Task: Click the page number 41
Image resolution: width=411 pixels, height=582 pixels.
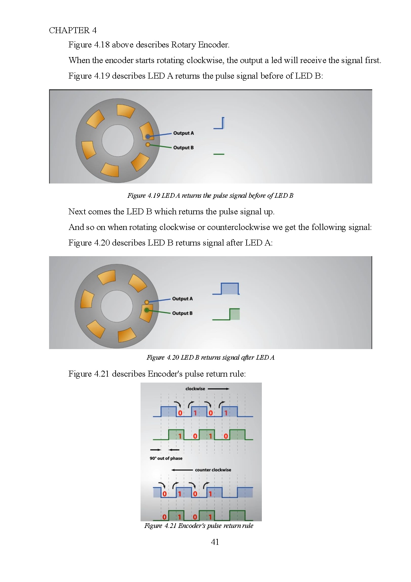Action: click(215, 542)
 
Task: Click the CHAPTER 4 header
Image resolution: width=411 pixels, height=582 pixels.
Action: click(73, 30)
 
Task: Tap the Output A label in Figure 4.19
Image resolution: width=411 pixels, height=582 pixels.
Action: click(183, 133)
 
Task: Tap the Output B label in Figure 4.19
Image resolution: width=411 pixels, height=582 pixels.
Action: click(183, 148)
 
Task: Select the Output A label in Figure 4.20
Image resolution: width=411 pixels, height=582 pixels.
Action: click(182, 299)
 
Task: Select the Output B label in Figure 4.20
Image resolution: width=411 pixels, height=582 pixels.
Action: click(182, 313)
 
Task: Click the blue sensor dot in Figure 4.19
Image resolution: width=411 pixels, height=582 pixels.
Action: click(148, 137)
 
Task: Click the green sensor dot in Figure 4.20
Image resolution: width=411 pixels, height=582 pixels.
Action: click(147, 310)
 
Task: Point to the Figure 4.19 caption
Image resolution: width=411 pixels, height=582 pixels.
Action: click(210, 195)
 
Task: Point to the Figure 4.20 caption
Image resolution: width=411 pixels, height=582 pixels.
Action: click(210, 357)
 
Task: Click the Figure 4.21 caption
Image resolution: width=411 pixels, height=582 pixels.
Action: click(199, 526)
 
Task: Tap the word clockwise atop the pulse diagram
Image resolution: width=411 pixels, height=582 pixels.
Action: click(195, 389)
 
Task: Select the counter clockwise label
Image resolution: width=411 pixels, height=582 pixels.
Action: click(213, 470)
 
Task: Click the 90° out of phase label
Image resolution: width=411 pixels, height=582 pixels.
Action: click(166, 458)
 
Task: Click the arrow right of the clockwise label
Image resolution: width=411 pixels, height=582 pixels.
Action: click(218, 389)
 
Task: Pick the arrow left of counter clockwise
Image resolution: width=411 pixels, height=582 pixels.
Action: click(182, 470)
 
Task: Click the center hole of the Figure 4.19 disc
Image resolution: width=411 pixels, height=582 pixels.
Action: click(118, 140)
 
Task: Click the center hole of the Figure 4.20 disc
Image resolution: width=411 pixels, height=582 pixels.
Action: click(117, 306)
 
